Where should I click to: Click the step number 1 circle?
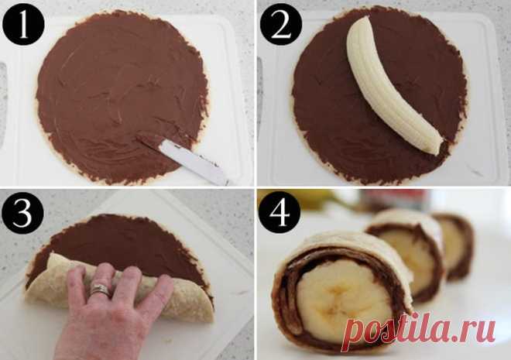(23, 25)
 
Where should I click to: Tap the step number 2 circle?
(281, 25)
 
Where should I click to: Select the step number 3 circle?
(22, 213)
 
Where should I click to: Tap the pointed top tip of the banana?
(366, 18)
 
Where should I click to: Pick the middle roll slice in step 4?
(406, 251)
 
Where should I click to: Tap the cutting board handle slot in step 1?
(2, 105)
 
